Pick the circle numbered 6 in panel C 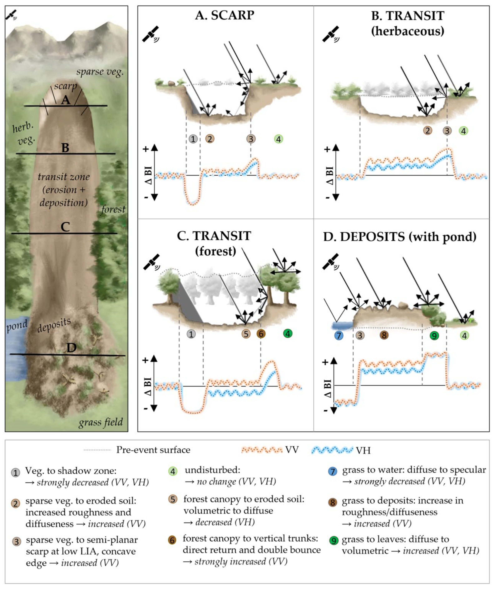(261, 334)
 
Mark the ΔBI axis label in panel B (330, 175)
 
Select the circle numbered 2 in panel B (427, 131)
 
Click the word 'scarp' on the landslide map (65, 86)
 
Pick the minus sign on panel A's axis (146, 198)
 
